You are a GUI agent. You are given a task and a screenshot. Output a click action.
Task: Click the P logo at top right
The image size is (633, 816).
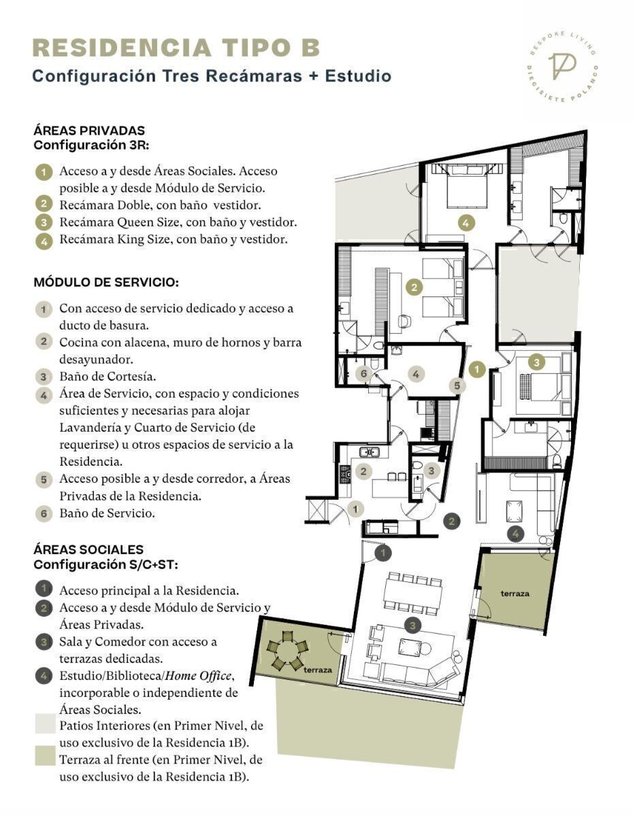point(562,67)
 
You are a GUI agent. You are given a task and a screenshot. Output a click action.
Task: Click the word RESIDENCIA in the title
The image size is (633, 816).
point(122,48)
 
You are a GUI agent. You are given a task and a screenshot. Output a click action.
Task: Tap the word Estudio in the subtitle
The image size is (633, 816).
point(358,76)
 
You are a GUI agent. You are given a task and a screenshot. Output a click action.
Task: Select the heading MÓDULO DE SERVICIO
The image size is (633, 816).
point(106,282)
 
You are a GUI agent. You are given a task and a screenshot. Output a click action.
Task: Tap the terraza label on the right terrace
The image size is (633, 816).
point(515,594)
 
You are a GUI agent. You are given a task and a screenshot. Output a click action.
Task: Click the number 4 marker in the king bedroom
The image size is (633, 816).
point(466,223)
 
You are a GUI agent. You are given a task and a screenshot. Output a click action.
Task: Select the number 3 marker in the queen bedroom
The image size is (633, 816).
point(536,362)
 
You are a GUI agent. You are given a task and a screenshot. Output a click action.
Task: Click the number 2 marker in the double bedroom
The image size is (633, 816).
point(414,288)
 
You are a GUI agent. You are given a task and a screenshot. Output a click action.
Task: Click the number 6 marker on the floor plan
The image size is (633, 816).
point(363,373)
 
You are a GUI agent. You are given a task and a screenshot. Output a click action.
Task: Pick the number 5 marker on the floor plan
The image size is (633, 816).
point(457,386)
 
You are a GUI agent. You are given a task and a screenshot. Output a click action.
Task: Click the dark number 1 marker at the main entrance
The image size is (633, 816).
point(383,553)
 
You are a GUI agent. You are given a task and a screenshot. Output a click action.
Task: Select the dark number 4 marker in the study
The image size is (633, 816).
point(515,533)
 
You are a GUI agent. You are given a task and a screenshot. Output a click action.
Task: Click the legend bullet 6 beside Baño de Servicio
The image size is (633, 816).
point(44,513)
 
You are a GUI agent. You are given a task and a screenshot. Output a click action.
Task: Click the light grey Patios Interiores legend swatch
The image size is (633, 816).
point(46,724)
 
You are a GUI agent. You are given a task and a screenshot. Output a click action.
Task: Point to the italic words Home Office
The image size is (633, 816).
point(197,676)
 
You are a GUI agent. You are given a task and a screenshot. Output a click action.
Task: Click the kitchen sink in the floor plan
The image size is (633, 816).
point(369,452)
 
